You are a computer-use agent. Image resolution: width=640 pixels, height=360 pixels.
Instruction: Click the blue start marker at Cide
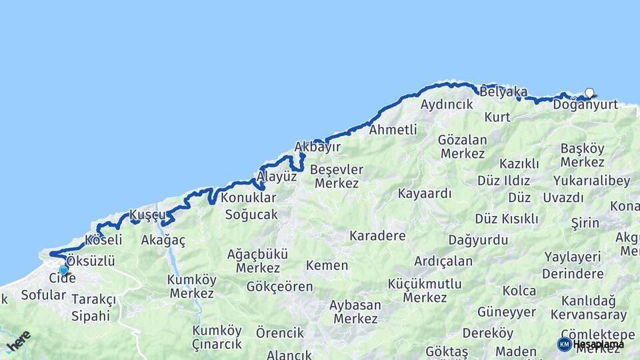point(63,270)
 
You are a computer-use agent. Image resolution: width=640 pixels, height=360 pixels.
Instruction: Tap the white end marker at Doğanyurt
point(589,93)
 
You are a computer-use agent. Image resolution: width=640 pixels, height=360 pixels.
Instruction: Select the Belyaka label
point(503,92)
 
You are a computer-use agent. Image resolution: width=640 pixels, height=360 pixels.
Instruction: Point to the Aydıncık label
point(447,105)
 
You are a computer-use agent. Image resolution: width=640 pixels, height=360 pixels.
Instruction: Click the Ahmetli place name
point(393,129)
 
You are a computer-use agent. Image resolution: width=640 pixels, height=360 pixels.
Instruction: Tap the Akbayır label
point(317,147)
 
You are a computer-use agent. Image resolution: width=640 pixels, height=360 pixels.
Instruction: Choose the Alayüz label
point(277,177)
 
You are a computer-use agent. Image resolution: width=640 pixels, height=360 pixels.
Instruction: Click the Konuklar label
point(249,198)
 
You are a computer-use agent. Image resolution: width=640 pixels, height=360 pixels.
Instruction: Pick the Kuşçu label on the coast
point(147,215)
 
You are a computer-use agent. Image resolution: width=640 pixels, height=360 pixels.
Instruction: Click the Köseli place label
point(103,239)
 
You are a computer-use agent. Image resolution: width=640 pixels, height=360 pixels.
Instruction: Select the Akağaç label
point(163,240)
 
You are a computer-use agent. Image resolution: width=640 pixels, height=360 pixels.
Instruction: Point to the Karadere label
point(377,237)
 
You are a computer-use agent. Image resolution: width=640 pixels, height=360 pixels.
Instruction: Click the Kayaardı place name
point(425,194)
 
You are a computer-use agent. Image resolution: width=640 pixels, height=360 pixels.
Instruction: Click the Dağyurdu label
point(478,240)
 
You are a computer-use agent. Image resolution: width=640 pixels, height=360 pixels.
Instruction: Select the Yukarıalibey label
point(587,181)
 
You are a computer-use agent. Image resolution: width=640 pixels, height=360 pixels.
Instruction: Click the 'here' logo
point(18,341)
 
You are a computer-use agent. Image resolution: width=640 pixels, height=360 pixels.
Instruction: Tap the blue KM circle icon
point(565,344)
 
